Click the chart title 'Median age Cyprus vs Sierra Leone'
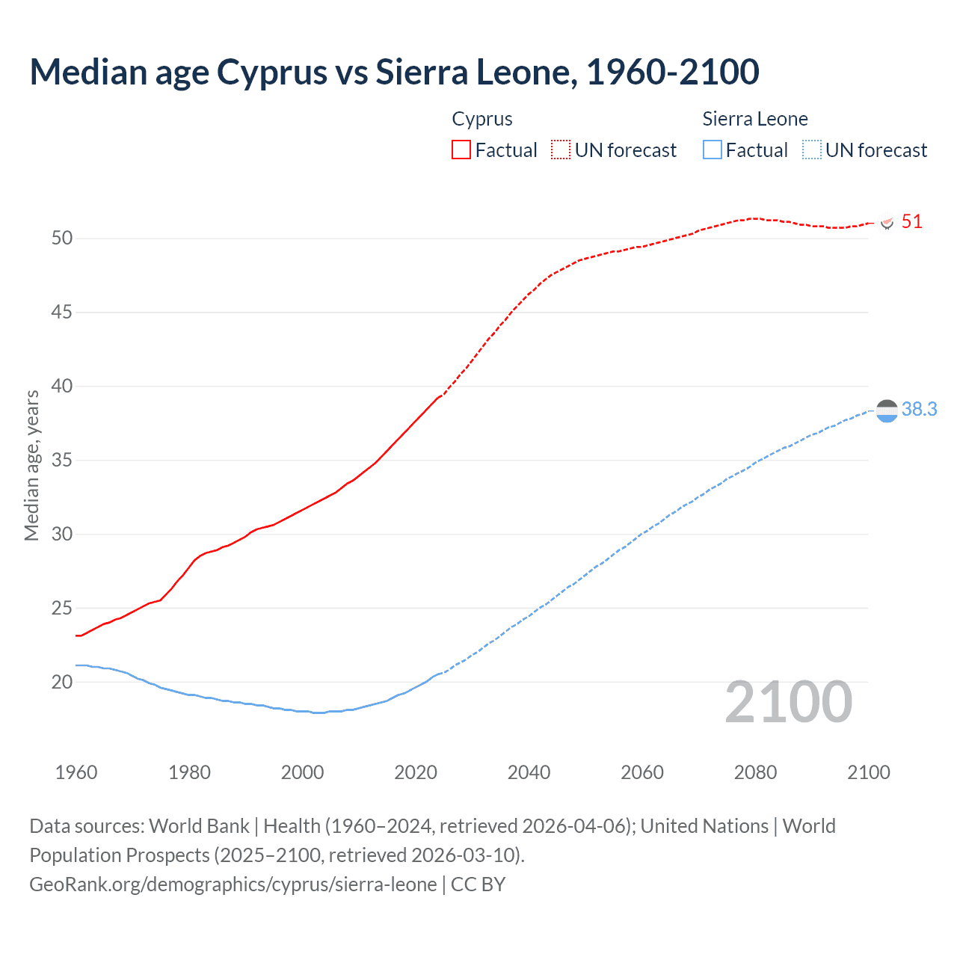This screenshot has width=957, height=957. (x=394, y=72)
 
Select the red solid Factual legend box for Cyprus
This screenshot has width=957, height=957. (x=461, y=150)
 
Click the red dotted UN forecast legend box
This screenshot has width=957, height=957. (x=561, y=150)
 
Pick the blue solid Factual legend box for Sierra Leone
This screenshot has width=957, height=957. (x=712, y=150)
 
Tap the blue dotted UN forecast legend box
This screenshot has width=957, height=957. (x=811, y=150)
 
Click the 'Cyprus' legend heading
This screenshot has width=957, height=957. (x=482, y=119)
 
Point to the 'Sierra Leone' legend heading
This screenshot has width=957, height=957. (x=755, y=119)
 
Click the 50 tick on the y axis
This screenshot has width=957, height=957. (x=62, y=239)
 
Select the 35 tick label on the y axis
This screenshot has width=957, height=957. (x=62, y=460)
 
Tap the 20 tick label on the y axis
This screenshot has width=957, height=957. (x=62, y=682)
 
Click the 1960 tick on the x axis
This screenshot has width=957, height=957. (x=76, y=772)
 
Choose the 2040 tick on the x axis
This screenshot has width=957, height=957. (x=529, y=772)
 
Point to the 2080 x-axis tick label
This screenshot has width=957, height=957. (x=755, y=772)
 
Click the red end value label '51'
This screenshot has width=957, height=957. (x=911, y=221)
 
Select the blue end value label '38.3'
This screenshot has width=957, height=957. (x=919, y=409)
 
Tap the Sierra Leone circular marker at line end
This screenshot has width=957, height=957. (x=886, y=410)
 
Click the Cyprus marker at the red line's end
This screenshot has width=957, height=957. (x=887, y=223)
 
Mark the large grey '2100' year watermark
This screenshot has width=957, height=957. (x=788, y=701)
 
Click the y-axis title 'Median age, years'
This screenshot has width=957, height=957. (x=31, y=465)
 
